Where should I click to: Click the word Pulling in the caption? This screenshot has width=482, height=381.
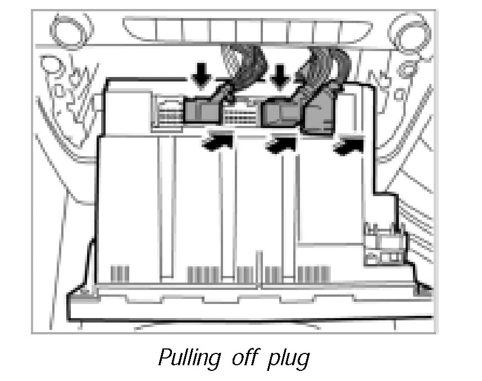tap(189, 358)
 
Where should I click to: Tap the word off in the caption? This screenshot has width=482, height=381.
tap(245, 357)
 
